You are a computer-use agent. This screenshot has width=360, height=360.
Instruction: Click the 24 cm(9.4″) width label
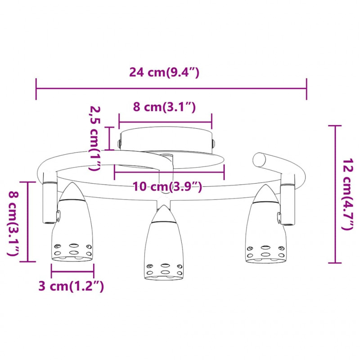[164, 72]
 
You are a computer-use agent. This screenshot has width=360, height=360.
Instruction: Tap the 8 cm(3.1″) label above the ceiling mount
[164, 107]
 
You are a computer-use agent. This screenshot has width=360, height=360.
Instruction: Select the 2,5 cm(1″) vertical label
[95, 139]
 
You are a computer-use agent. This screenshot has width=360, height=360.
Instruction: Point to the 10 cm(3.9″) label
[167, 186]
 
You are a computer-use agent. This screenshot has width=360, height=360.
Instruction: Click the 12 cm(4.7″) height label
[347, 194]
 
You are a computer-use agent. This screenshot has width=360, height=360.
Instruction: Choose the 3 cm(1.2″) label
[71, 286]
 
